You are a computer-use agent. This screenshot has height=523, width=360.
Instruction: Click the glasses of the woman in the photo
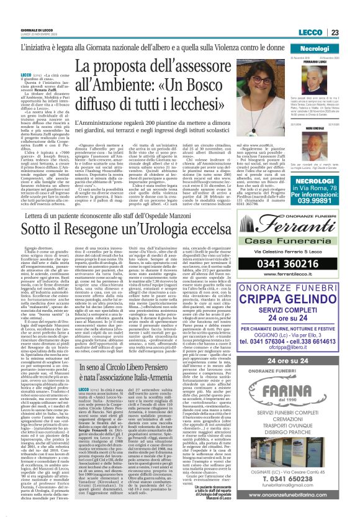pyautogui.click(x=261, y=80)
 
